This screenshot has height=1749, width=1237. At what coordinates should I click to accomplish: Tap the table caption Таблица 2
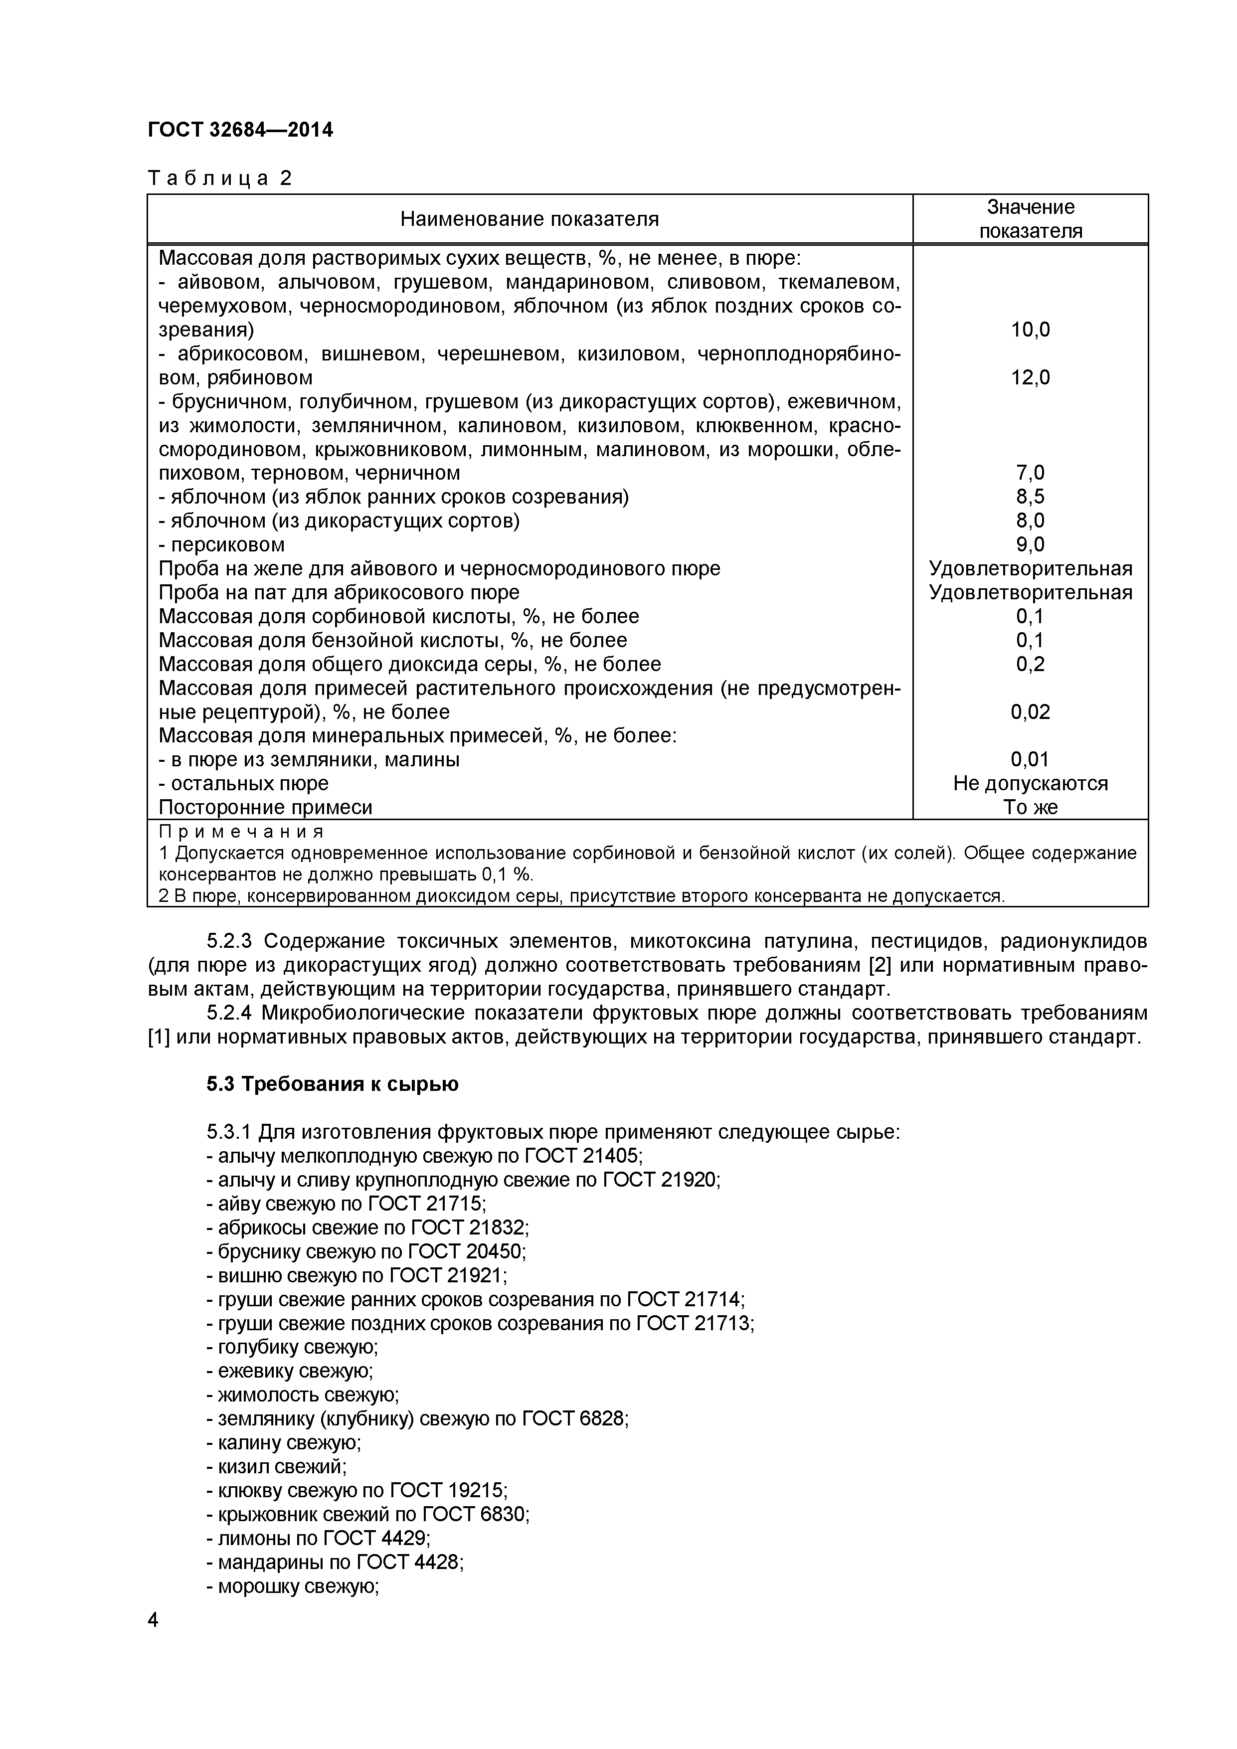219,178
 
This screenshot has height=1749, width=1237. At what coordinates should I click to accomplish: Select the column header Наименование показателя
530,219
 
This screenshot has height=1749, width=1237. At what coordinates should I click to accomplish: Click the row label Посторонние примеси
265,808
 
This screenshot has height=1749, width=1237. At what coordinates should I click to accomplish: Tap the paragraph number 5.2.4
231,1013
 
